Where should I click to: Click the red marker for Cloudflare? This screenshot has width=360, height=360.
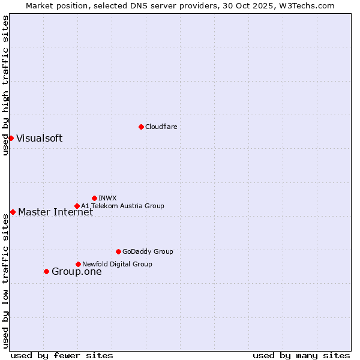tap(141, 127)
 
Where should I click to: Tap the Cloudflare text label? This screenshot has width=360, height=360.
tap(161, 127)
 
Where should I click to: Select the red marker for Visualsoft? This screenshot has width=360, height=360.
tap(11, 138)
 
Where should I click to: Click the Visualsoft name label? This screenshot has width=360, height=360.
tap(39, 138)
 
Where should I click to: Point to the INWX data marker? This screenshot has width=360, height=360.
tap(94, 198)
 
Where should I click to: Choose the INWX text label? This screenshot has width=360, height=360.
tap(107, 198)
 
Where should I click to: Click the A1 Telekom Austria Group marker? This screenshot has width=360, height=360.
tap(77, 206)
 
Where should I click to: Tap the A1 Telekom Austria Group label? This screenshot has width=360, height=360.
tap(122, 206)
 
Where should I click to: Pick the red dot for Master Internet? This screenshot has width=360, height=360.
tap(13, 212)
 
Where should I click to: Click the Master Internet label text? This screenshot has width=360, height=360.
tap(55, 212)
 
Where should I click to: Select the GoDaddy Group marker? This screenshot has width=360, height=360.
tap(118, 251)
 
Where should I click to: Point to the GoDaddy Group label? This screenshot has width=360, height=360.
tap(148, 251)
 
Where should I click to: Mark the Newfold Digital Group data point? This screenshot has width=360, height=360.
tap(78, 264)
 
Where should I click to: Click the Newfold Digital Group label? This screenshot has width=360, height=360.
tap(117, 264)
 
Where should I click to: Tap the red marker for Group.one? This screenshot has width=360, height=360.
tap(46, 271)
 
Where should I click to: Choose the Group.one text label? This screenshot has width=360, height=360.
tap(77, 271)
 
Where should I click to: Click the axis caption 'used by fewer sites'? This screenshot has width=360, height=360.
tap(62, 355)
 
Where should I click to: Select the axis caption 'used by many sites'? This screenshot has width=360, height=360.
tap(301, 355)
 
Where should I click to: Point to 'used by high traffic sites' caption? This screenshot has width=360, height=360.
tap(5, 85)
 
